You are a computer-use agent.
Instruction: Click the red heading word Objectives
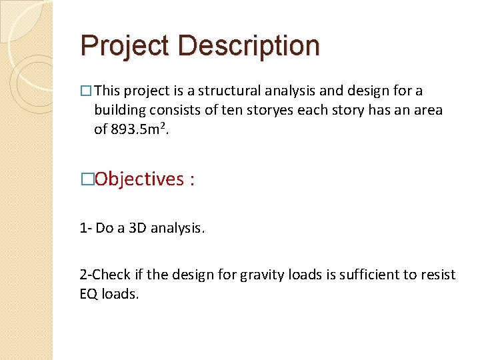pyautogui.click(x=139, y=179)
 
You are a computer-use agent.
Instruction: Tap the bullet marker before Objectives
pyautogui.click(x=85, y=179)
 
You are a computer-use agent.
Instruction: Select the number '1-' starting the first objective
pyautogui.click(x=85, y=228)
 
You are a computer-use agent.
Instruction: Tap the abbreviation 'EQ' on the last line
pyautogui.click(x=88, y=294)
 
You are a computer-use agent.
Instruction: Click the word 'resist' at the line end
pyautogui.click(x=437, y=275)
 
